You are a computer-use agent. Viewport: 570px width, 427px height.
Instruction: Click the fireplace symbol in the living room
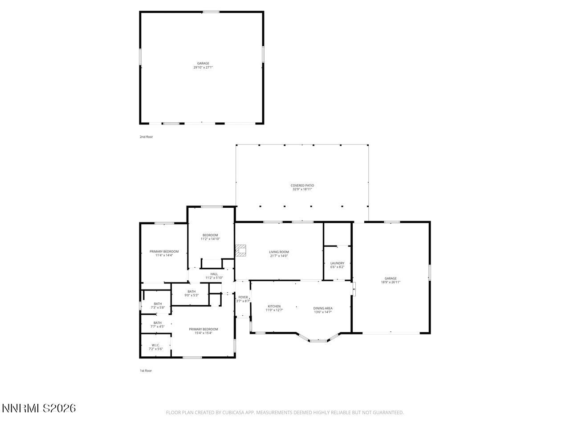tap(241, 251)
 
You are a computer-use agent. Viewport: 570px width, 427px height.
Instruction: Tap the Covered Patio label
tap(302, 185)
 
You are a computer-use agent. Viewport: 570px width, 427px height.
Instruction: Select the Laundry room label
tap(337, 263)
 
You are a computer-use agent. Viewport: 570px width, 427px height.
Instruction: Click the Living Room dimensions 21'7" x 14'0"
tap(279, 256)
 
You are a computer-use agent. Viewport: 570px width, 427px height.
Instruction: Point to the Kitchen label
tap(274, 306)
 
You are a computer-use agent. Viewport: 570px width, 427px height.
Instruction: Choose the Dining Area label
tap(323, 308)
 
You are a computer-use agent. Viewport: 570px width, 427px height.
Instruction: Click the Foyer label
tap(243, 297)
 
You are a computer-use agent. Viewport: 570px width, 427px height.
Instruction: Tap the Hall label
tap(214, 274)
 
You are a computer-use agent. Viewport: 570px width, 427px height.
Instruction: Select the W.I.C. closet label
tap(155, 345)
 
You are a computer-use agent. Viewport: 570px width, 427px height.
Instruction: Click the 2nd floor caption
tap(146, 137)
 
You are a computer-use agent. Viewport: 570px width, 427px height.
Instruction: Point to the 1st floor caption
tap(146, 371)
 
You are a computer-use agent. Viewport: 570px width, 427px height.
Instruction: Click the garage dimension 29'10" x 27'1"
tap(203, 68)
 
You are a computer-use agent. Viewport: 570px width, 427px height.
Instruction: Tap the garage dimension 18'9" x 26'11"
tap(391, 282)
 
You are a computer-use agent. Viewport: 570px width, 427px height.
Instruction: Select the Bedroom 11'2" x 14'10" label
tap(210, 237)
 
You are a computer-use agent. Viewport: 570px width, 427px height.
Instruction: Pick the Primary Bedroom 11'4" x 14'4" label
tap(164, 254)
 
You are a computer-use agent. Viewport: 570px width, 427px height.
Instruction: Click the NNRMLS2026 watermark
tap(39, 408)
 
